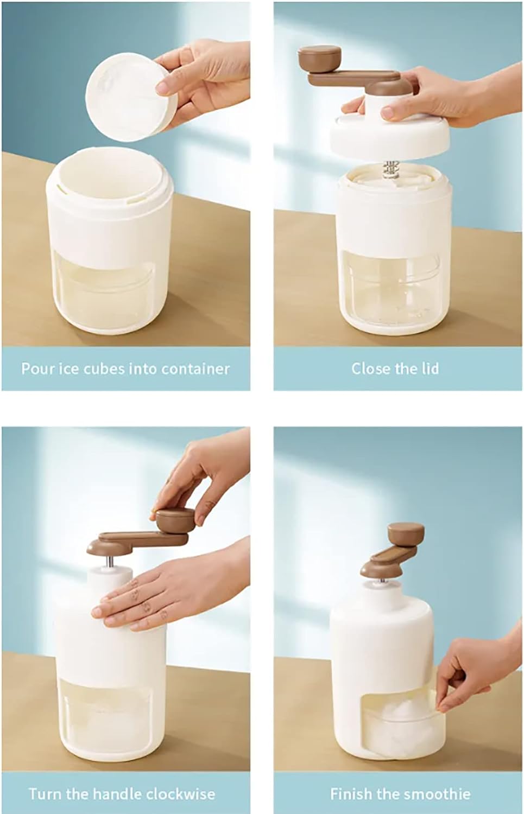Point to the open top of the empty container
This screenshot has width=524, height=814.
(x=110, y=174)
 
